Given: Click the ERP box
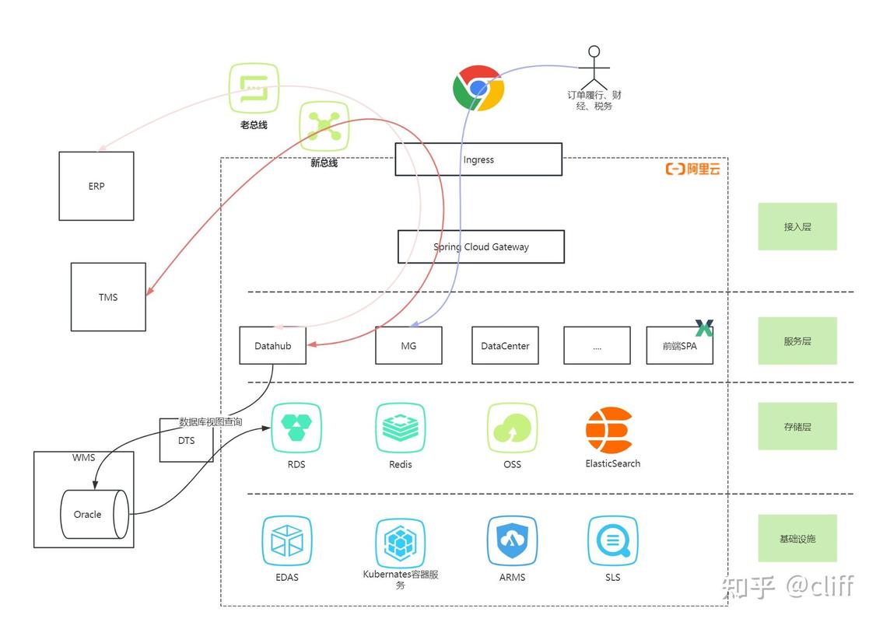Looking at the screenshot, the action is (x=96, y=186).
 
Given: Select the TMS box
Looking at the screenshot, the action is (x=108, y=297).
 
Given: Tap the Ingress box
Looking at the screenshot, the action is (x=478, y=159).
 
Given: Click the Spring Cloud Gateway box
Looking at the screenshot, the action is (x=481, y=246).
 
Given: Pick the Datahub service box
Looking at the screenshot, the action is (x=272, y=346).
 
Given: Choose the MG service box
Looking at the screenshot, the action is (x=408, y=346).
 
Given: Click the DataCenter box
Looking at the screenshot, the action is (x=505, y=346).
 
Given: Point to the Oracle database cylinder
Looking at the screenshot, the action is (x=94, y=514).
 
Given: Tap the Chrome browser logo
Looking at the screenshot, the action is (x=478, y=88).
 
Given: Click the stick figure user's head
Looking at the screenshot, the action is (x=594, y=51).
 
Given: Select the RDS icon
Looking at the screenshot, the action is (x=296, y=428).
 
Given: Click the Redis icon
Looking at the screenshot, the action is (x=400, y=428).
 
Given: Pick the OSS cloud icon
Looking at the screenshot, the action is (x=512, y=428).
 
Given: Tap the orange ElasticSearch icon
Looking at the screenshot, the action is (x=609, y=429).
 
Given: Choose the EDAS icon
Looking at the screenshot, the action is (x=286, y=540).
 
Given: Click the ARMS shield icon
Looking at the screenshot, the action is (x=512, y=540).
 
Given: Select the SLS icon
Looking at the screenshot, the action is (x=612, y=540).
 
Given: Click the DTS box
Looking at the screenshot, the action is (x=186, y=441).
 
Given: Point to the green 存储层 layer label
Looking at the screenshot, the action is (x=797, y=427).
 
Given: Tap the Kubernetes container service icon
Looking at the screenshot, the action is (x=400, y=543).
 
